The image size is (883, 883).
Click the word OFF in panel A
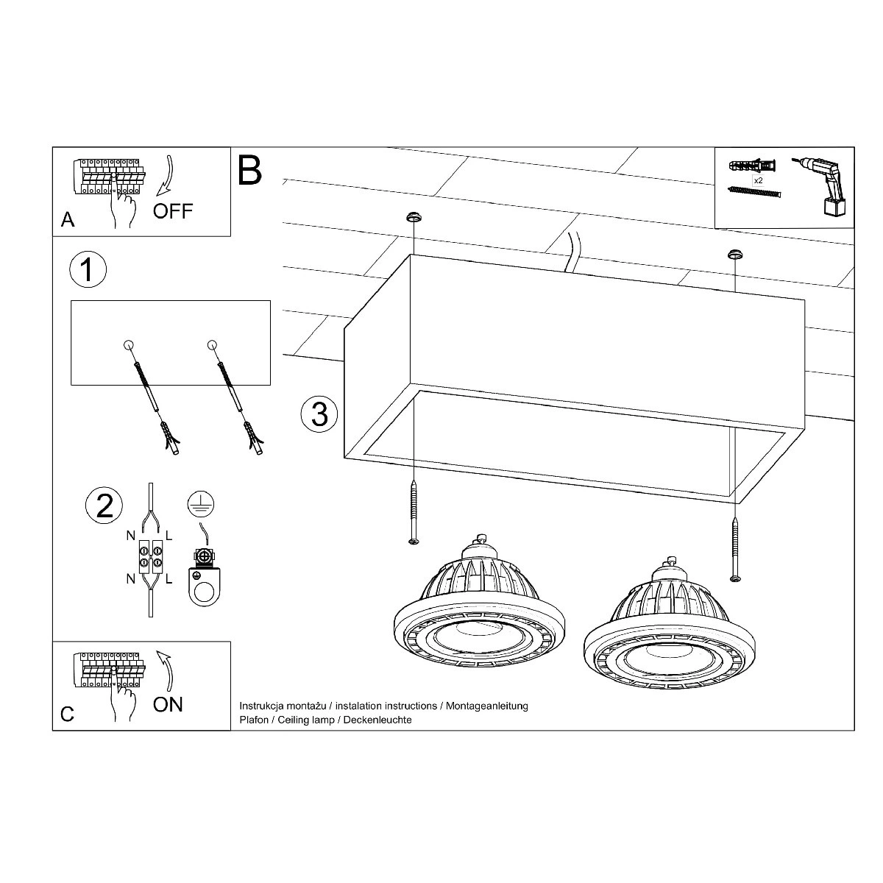tap(173, 211)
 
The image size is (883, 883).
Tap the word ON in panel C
tap(168, 704)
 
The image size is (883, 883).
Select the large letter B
tap(249, 170)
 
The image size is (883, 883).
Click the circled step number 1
tap(88, 269)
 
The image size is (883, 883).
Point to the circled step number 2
tap(104, 506)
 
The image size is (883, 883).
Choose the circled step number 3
tap(319, 414)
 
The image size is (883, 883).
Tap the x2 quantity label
tap(759, 180)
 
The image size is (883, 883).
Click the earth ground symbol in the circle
tap(201, 504)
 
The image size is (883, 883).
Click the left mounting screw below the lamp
tap(414, 512)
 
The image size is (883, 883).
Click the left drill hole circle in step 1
tap(129, 344)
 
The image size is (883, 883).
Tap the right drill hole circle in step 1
tap(211, 344)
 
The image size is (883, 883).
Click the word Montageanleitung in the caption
tap(486, 706)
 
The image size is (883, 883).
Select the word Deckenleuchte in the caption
tap(377, 720)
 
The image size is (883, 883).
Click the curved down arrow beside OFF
tap(165, 176)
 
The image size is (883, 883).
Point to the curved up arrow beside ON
tap(166, 670)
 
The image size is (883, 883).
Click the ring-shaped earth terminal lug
tap(205, 586)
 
